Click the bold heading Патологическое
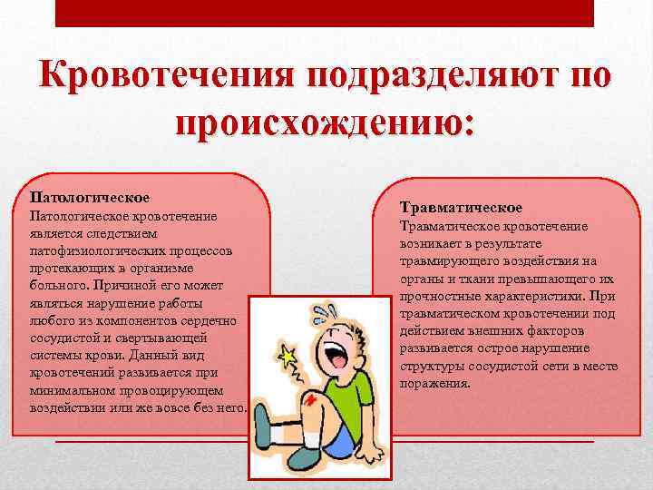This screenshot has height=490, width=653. coord(90,196)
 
